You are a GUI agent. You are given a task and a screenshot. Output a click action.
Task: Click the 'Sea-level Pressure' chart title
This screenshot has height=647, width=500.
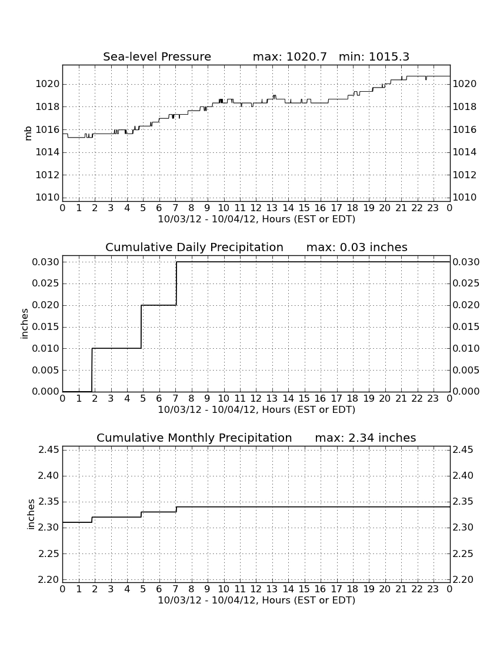[x=157, y=56]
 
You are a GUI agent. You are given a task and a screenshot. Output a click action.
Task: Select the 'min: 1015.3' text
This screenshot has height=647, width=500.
[x=374, y=56]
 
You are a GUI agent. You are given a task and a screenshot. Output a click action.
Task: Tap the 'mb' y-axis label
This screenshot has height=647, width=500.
[x=28, y=134]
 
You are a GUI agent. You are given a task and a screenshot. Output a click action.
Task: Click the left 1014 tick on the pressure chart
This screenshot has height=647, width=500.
[x=48, y=152]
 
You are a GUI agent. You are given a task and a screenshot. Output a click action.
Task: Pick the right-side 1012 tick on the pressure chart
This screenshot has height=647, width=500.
[x=465, y=175]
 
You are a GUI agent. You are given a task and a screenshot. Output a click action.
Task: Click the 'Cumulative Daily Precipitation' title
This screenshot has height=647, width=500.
[x=194, y=247]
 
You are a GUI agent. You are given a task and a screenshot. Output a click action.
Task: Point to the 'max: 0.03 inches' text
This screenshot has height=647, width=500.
[x=357, y=247]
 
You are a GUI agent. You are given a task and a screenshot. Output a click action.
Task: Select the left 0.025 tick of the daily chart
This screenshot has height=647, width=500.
[x=45, y=284]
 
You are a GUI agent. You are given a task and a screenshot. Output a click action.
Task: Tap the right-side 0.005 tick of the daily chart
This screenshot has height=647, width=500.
[x=466, y=370]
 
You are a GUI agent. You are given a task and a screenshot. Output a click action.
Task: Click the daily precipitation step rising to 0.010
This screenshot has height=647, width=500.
[x=92, y=370]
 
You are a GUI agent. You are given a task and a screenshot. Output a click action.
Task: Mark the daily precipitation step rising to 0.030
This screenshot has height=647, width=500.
[x=176, y=284]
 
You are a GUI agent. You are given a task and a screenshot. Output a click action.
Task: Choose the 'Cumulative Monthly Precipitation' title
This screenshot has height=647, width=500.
[x=194, y=438]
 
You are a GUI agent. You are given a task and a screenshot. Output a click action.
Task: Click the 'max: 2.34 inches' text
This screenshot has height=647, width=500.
[x=365, y=438]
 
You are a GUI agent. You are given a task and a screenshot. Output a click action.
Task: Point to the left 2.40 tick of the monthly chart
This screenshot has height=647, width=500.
[x=49, y=476]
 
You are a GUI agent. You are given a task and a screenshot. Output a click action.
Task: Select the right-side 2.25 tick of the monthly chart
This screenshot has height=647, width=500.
[x=464, y=553]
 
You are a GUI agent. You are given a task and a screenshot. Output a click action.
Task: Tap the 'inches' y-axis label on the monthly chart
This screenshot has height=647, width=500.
[x=31, y=514]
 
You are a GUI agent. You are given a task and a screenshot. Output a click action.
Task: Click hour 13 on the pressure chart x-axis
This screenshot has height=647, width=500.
[x=272, y=208]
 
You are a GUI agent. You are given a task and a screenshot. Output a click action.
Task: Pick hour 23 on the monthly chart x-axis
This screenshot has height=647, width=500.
[x=433, y=589]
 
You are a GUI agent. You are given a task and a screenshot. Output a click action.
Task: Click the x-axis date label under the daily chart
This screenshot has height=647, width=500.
[x=256, y=410]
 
